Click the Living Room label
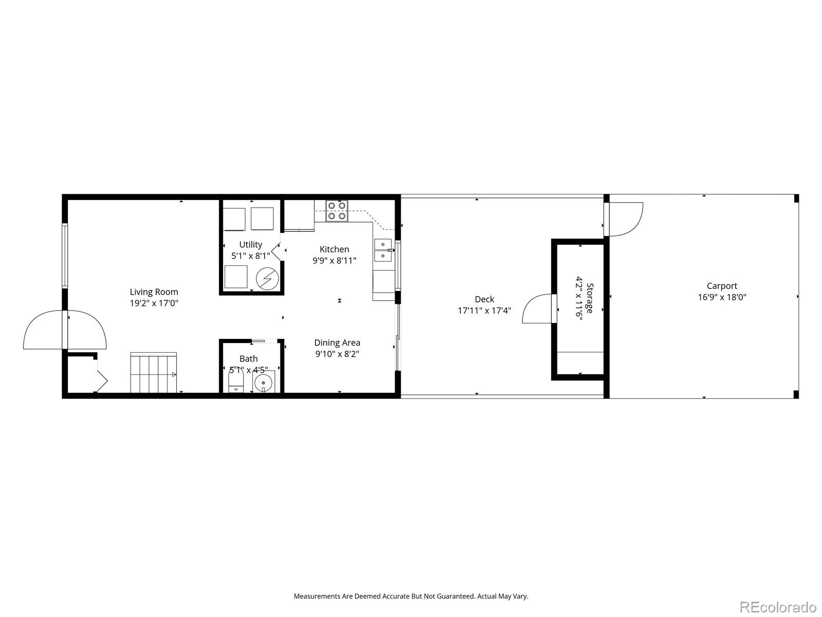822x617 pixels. pyautogui.click(x=154, y=292)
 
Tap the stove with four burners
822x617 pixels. pyautogui.click(x=337, y=211)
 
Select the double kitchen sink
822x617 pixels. pyautogui.click(x=383, y=250)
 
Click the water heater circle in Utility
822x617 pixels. pyautogui.click(x=267, y=278)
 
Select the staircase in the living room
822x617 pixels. pyautogui.click(x=154, y=372)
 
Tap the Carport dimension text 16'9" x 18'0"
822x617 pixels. pyautogui.click(x=721, y=297)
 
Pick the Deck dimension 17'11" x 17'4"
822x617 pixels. pyautogui.click(x=484, y=311)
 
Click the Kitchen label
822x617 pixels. pyautogui.click(x=334, y=249)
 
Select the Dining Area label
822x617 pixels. pyautogui.click(x=337, y=342)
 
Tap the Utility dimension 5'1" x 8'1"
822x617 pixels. pyautogui.click(x=250, y=256)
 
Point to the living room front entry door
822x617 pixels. pyautogui.click(x=65, y=330)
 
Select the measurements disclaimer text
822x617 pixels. pyautogui.click(x=410, y=596)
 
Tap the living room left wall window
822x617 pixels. pyautogui.click(x=65, y=256)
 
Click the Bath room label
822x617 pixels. pyautogui.click(x=248, y=358)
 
